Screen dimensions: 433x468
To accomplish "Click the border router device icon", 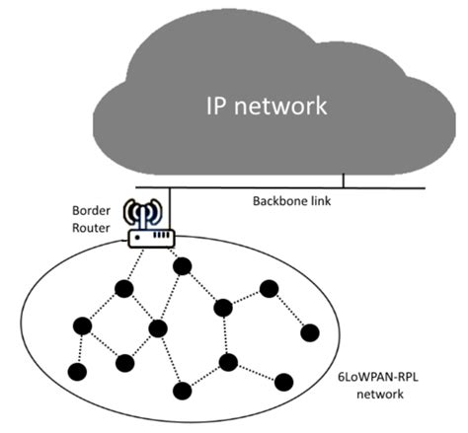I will (x=150, y=237).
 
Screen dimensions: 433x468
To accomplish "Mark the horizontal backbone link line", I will (x=296, y=187).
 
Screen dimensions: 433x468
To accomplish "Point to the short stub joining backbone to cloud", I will (x=343, y=180).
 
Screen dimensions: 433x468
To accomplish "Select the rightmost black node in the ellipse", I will (x=309, y=331).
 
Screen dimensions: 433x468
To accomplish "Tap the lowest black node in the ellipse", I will (x=182, y=391).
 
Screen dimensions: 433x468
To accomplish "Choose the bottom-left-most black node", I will (x=75, y=372).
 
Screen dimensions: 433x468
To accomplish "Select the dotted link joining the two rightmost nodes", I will (x=289, y=311).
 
